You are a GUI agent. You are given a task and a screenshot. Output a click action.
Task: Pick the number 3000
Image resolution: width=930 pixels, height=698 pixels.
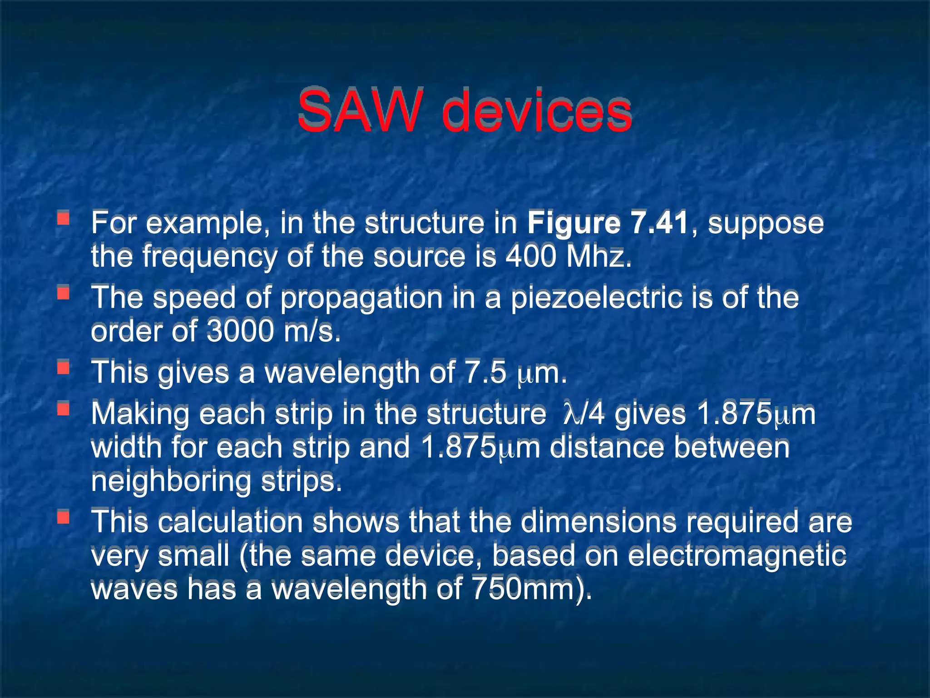click(241, 331)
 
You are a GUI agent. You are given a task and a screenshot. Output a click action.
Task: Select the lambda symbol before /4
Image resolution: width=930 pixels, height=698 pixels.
click(569, 414)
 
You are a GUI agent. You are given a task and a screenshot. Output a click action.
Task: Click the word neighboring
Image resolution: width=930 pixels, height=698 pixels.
click(171, 481)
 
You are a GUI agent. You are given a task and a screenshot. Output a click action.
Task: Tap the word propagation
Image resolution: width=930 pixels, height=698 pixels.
click(361, 298)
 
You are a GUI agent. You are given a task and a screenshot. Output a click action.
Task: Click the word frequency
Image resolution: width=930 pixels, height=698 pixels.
click(209, 256)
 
